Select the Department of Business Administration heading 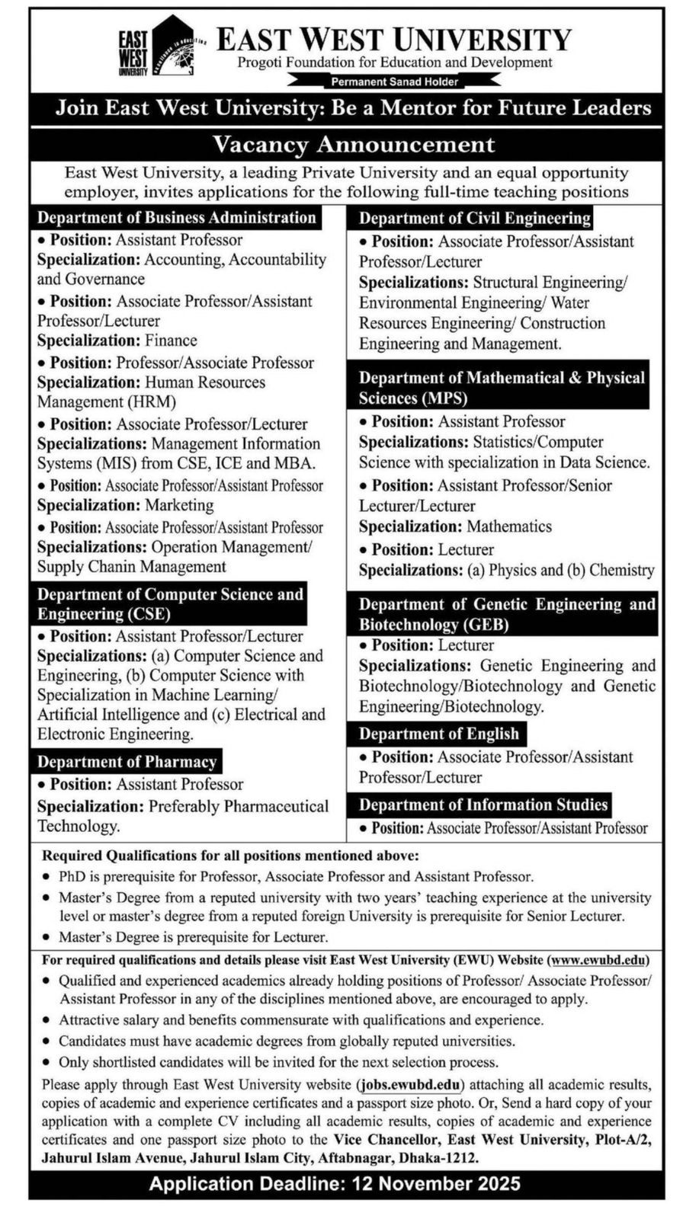pyautogui.click(x=177, y=218)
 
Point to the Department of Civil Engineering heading pyautogui.click(x=475, y=219)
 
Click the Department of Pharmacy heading pyautogui.click(x=127, y=762)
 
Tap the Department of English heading pyautogui.click(x=438, y=734)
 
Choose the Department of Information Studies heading pyautogui.click(x=483, y=805)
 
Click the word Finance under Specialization pyautogui.click(x=171, y=341)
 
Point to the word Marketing pyautogui.click(x=179, y=505)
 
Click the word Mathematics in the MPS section pyautogui.click(x=509, y=526)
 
